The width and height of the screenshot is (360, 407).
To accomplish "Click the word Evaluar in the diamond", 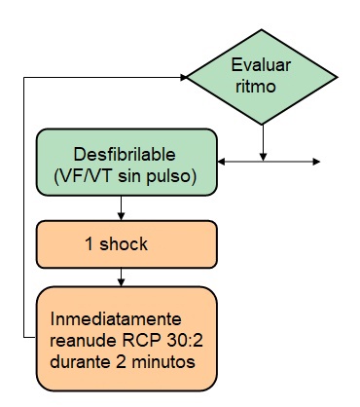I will tap(262, 65).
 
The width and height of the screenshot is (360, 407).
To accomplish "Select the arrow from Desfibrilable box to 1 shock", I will tap(121, 207).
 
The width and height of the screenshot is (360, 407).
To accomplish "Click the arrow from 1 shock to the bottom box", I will tap(121, 277).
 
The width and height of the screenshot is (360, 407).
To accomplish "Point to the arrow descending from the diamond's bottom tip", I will tap(263, 142).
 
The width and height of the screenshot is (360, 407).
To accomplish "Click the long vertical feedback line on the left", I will tap(23, 204).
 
